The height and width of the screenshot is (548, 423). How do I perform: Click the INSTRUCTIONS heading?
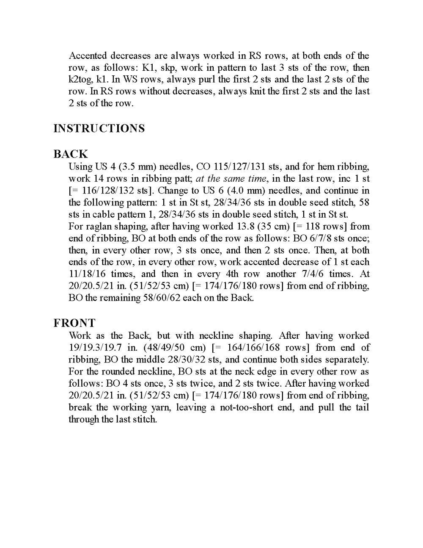(x=99, y=128)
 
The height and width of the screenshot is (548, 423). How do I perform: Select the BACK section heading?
(x=71, y=154)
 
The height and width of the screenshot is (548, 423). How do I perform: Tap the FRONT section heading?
(x=74, y=323)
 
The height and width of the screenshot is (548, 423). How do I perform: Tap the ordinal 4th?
(x=241, y=274)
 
